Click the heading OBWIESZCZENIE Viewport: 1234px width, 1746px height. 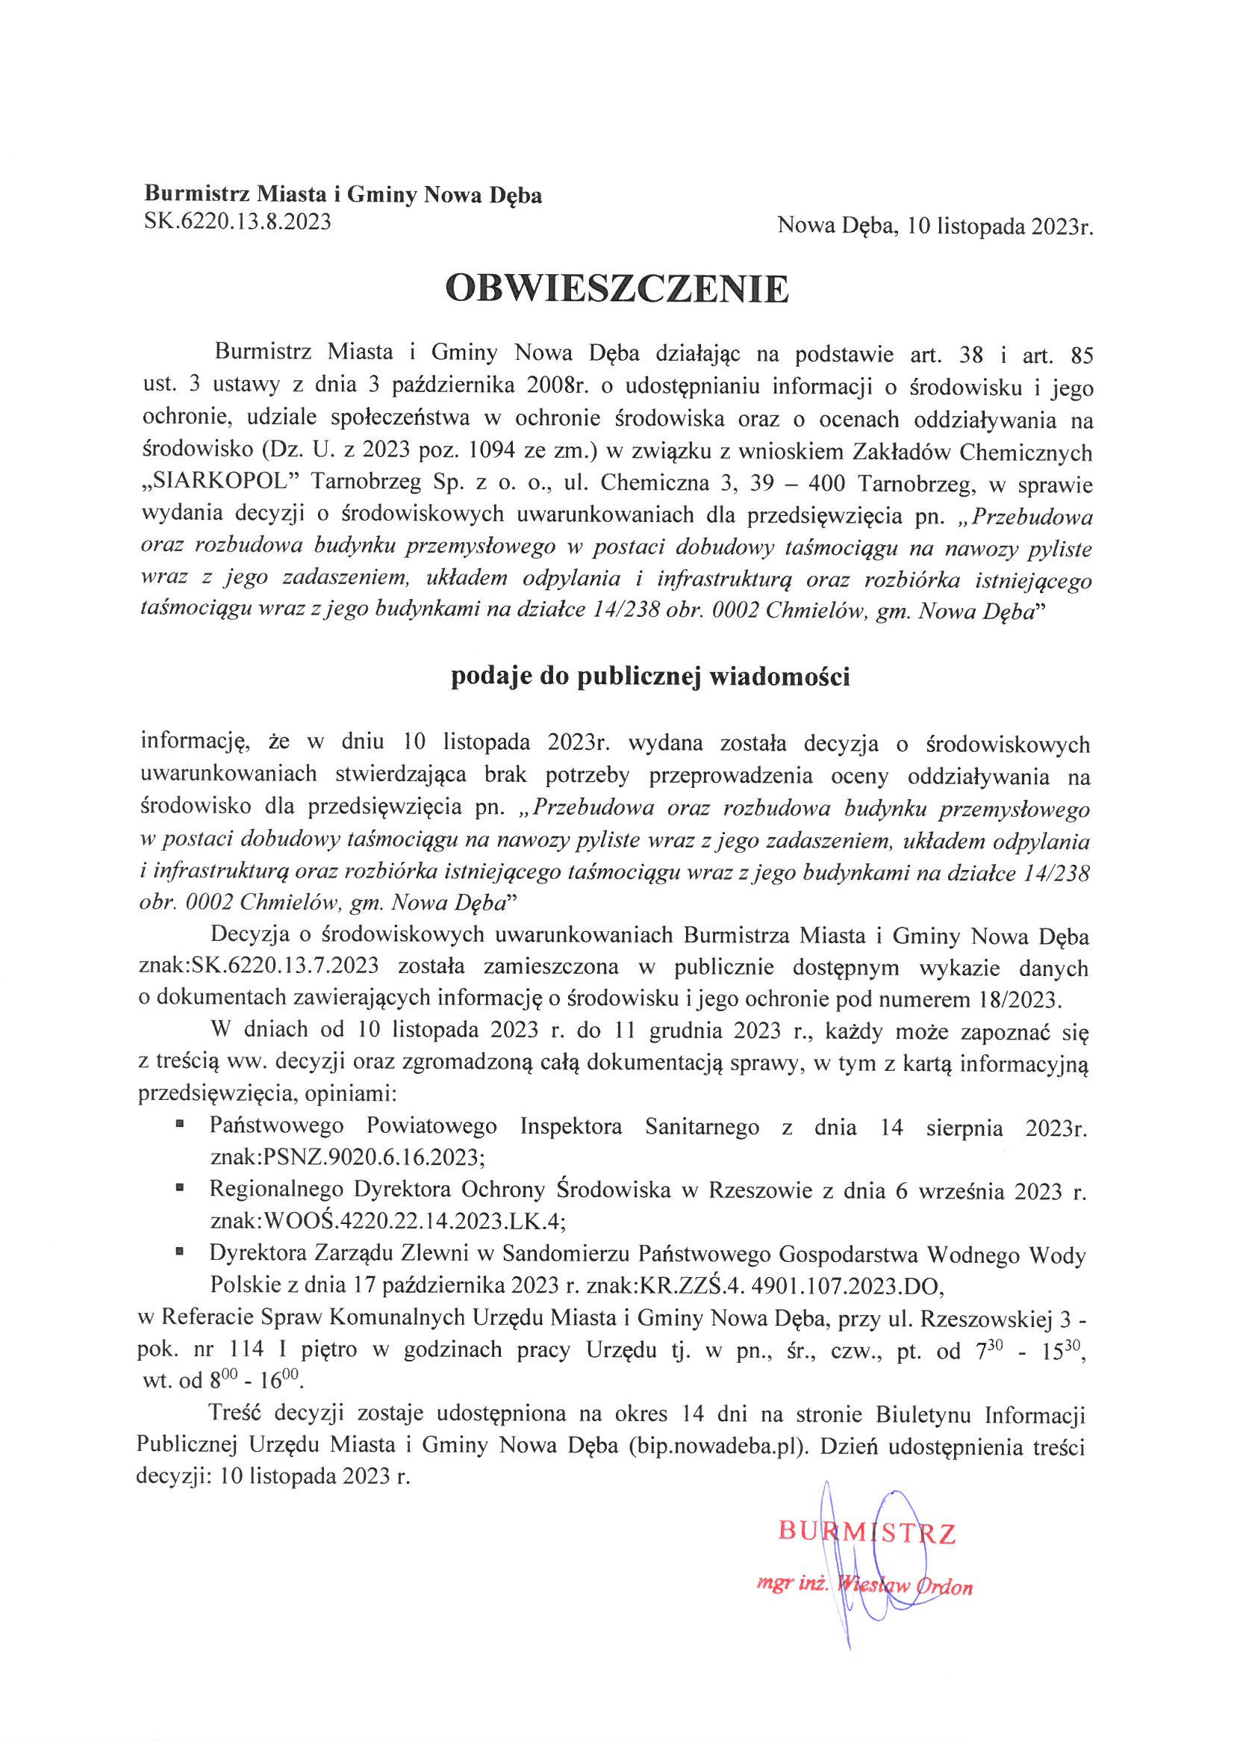coord(617,288)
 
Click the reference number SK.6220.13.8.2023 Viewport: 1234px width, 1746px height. coord(237,222)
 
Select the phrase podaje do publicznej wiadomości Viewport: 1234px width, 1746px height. coord(650,676)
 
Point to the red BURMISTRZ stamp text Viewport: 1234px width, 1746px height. coord(866,1532)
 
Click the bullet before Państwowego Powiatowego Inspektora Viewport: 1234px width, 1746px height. coord(180,1123)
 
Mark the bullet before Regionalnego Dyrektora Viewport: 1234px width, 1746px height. coord(180,1187)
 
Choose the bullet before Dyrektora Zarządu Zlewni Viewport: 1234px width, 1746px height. coord(180,1250)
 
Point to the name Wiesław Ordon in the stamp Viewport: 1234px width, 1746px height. coord(905,1586)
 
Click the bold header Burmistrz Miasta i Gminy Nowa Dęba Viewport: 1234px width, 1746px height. coord(343,196)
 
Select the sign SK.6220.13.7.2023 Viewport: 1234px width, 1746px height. coord(285,966)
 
